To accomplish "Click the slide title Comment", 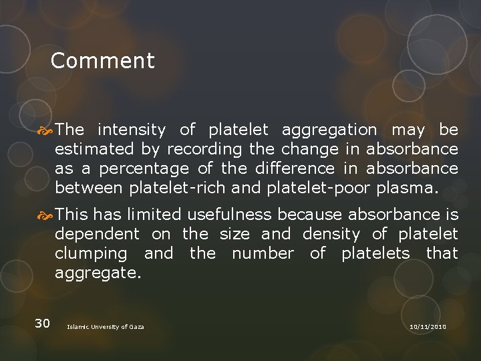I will click(102, 61).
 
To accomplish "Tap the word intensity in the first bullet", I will click(132, 129).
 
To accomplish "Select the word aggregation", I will click(329, 129).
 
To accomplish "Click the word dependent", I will click(97, 234).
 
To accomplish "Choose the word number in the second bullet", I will click(263, 253).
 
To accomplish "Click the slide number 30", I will click(42, 324).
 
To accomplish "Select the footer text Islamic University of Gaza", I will click(106, 326).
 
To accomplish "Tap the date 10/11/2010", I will click(428, 326).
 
